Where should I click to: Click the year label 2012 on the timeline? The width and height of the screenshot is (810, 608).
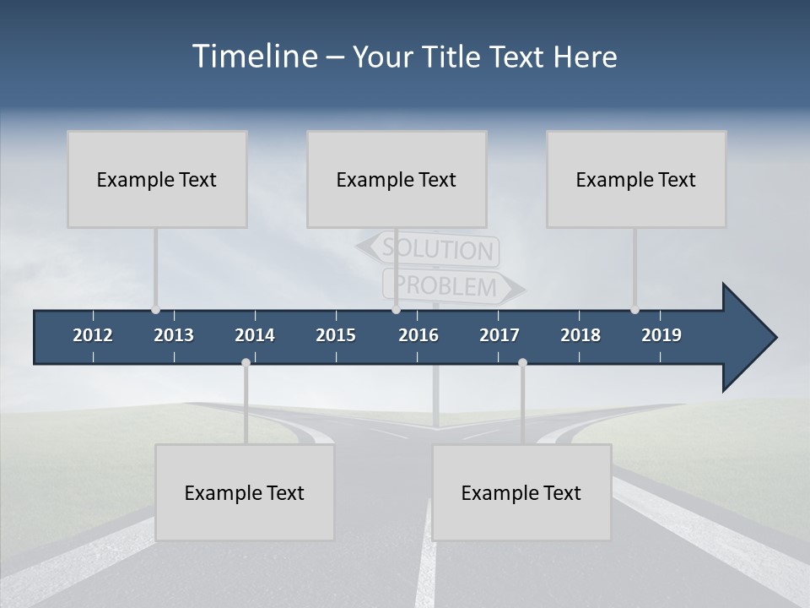(x=93, y=335)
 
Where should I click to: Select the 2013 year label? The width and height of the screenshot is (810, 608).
(x=174, y=335)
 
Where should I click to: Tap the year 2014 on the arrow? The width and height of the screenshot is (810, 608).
(x=255, y=335)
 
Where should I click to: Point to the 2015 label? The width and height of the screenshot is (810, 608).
(x=336, y=335)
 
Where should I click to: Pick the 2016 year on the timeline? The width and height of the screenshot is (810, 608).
(x=418, y=335)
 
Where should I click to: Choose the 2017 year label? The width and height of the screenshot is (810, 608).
(x=499, y=335)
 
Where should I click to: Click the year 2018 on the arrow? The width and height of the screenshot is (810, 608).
(x=580, y=335)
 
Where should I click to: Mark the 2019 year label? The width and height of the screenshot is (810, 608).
(x=661, y=335)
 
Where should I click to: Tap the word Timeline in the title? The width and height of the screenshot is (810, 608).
(x=255, y=57)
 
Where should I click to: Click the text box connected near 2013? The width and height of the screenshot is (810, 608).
(x=157, y=179)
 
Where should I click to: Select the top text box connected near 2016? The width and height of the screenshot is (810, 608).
(x=397, y=179)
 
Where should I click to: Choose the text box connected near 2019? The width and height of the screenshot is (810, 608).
(x=636, y=179)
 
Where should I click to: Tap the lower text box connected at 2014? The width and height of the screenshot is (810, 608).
(x=245, y=492)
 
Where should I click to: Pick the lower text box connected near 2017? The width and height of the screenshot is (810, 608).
(x=521, y=492)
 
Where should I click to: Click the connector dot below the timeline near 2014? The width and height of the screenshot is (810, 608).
(x=246, y=363)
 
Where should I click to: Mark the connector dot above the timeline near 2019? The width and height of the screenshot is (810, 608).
(x=634, y=310)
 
